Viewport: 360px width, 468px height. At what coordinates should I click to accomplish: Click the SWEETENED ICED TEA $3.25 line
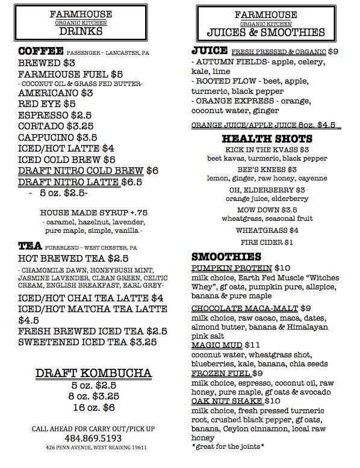(x=88, y=342)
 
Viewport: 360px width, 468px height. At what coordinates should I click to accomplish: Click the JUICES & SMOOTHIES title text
(x=265, y=32)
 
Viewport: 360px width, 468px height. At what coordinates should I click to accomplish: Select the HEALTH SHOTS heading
(x=265, y=138)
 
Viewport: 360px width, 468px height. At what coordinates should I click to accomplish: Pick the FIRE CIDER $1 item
(x=265, y=242)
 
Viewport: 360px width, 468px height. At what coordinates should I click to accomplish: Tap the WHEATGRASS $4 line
(x=265, y=230)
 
